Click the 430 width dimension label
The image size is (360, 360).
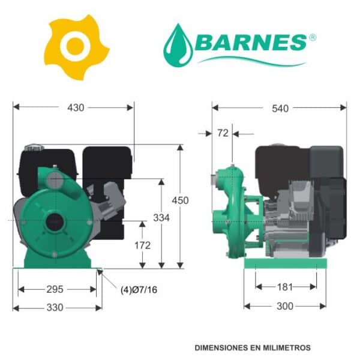coord(76,107)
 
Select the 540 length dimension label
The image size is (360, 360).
coord(280,109)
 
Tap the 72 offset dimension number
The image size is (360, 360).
coord(223,133)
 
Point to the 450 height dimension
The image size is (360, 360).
coord(180,200)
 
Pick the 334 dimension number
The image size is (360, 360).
coord(161,218)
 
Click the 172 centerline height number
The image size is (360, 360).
coord(143,245)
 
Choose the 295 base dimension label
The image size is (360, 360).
coord(55,289)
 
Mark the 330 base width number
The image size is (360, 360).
coord(55,307)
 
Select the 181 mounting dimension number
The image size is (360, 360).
coord(285,287)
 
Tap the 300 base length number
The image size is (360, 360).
coord(285,306)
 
